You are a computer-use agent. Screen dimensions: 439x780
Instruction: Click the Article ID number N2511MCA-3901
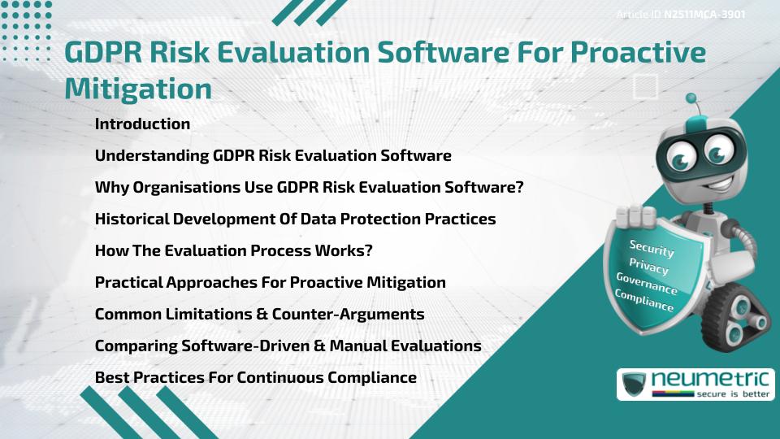point(705,14)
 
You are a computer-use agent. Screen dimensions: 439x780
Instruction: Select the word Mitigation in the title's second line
point(138,87)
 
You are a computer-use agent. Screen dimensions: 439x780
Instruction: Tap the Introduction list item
point(142,124)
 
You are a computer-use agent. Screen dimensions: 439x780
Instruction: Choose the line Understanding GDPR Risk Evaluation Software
point(273,155)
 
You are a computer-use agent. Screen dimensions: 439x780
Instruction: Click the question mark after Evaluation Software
point(518,187)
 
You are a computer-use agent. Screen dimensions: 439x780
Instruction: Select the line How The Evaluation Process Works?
point(234,250)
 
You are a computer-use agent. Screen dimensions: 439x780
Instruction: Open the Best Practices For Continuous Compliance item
point(256,377)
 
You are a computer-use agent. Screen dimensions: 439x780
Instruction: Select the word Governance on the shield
point(647,284)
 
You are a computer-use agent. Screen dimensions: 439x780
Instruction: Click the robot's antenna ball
point(691,99)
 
